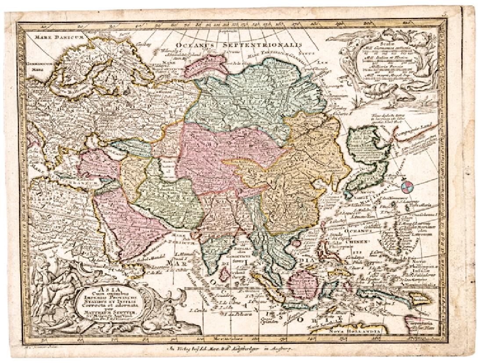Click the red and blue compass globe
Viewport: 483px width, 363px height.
pos(406,187)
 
